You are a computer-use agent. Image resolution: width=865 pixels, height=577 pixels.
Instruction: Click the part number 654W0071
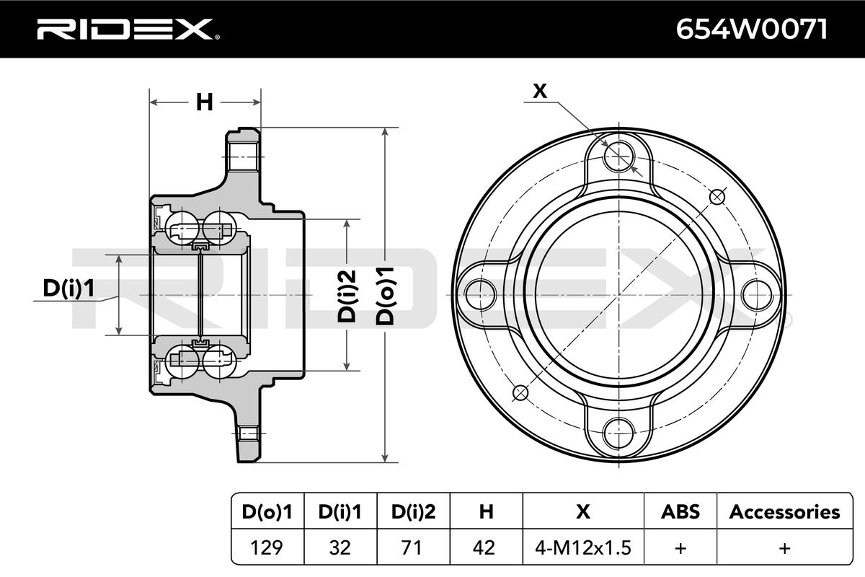click(750, 29)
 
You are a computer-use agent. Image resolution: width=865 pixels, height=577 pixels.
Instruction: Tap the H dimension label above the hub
click(205, 103)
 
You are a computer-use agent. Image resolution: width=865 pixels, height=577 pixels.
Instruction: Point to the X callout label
click(540, 91)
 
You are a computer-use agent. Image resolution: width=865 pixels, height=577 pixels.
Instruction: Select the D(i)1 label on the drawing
click(68, 288)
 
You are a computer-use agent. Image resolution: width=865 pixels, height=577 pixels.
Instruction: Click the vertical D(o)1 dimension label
click(388, 295)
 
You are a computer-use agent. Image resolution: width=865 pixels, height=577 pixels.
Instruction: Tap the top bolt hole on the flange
click(618, 154)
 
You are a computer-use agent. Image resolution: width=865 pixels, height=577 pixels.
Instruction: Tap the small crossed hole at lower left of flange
click(520, 392)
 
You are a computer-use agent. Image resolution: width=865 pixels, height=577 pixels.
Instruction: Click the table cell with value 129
click(267, 547)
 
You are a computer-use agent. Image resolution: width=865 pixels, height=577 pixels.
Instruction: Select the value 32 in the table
click(340, 547)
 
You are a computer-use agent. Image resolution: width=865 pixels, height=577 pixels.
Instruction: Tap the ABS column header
click(680, 512)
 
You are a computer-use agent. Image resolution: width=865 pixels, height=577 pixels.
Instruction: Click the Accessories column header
click(784, 512)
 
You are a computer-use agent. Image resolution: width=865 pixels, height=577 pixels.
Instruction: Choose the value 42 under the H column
click(486, 547)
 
